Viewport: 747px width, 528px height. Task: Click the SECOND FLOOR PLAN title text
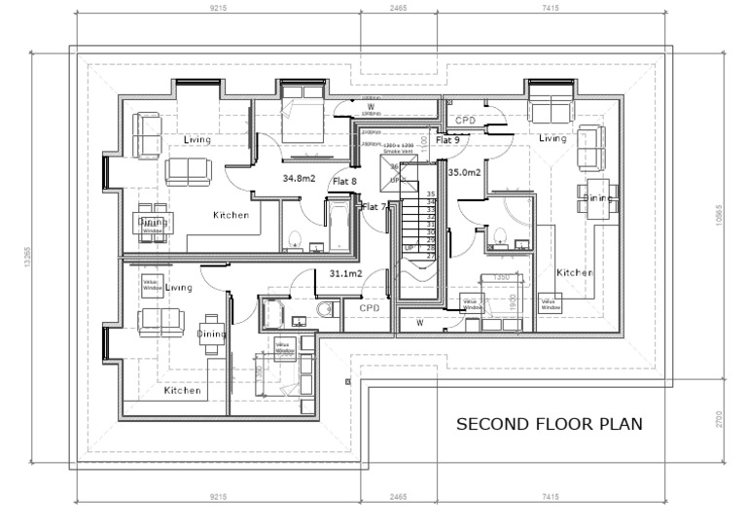tap(550, 424)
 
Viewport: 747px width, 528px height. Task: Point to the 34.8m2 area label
tap(300, 179)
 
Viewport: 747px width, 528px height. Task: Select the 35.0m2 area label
tap(465, 172)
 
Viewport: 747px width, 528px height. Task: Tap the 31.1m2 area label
tap(345, 274)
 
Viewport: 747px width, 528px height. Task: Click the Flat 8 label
tap(345, 181)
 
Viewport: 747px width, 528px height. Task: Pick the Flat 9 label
tap(447, 140)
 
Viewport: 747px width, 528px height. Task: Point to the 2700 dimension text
tap(719, 420)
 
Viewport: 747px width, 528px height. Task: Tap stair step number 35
tap(430, 194)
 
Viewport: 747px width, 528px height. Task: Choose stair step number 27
tap(430, 256)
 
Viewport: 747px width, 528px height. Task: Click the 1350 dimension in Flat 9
tap(502, 277)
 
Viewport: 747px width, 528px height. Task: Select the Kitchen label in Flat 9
tap(574, 273)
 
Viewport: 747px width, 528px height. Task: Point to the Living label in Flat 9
tap(552, 139)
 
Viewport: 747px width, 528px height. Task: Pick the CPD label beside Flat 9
tap(465, 120)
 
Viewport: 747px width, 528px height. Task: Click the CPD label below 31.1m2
tap(369, 308)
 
